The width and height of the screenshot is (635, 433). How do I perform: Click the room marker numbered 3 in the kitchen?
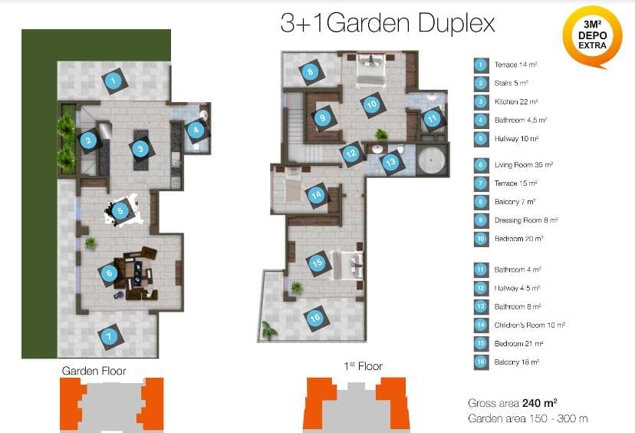coord(140,149)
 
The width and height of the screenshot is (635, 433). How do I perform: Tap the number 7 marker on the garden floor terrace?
coord(109,336)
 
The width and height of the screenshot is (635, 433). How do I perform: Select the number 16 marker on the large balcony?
coord(315,319)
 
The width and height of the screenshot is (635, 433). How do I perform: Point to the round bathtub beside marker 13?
coord(432,160)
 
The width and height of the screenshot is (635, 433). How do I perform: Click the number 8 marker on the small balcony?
coord(310,72)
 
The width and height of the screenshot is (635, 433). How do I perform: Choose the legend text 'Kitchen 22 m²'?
coord(516,102)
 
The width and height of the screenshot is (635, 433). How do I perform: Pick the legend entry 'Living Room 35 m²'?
coord(523,165)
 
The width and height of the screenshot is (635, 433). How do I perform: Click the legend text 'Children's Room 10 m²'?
coord(529,326)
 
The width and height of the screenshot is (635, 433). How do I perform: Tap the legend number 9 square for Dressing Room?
coord(481,220)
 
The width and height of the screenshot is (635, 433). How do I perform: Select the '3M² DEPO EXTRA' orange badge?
coord(592,35)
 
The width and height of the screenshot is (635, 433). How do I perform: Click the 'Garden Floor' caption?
coord(94,371)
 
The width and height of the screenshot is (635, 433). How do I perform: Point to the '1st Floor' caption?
coord(363,366)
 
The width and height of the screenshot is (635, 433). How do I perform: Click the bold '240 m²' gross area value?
coord(539,403)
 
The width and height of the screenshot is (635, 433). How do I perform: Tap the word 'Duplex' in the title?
coord(456,24)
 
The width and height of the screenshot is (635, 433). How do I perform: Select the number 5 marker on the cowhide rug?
coord(120,211)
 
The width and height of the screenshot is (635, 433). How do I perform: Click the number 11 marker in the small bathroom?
coord(432,118)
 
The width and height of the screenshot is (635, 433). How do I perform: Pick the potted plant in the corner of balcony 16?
coord(268,329)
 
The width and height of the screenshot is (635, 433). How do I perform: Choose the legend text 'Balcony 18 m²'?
coord(516,362)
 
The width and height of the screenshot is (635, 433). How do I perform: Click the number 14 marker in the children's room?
coord(317,194)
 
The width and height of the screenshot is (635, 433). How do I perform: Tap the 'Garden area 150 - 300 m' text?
coord(528,418)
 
